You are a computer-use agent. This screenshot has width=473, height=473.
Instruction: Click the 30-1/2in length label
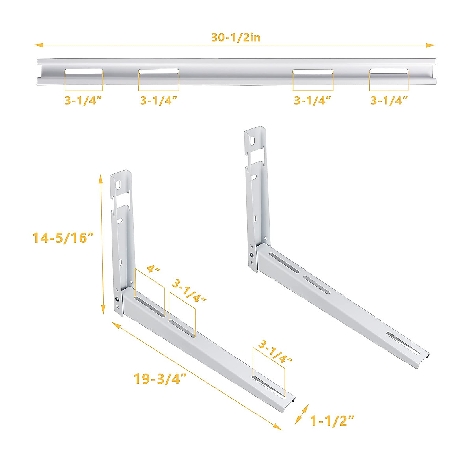236,37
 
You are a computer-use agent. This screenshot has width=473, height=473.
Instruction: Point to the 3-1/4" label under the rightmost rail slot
389,101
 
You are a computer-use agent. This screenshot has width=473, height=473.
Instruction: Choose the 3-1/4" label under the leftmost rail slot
84,101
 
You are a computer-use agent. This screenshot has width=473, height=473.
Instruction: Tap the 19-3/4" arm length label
160,379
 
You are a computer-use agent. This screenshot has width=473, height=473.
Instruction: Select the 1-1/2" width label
332,421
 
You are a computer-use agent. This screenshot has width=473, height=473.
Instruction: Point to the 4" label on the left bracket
154,270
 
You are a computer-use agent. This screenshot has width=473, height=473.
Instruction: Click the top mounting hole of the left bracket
118,184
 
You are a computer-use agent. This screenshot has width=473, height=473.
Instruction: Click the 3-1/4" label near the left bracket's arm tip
275,352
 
